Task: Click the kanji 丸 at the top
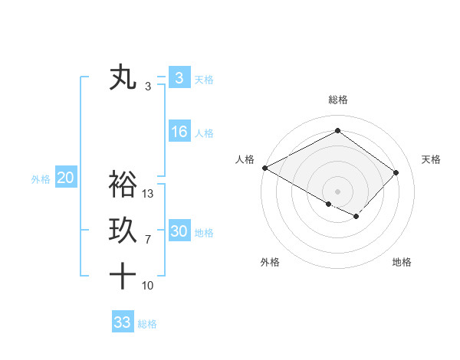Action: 123,77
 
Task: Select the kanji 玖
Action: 123,231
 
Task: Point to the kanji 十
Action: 123,275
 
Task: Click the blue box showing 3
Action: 179,77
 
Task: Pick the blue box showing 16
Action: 179,132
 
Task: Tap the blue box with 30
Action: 179,231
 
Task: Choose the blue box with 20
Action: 65,178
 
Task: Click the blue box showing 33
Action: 122,322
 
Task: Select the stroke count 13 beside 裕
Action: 149,194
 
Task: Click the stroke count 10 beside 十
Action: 149,286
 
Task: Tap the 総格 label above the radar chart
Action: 338,100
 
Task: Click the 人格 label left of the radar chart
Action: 245,159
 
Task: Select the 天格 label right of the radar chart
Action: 431,159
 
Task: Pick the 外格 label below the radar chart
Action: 270,262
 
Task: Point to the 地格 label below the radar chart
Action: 402,262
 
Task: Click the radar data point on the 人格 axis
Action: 264,168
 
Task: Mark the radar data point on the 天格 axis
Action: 396,172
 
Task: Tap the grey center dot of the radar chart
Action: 337,191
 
